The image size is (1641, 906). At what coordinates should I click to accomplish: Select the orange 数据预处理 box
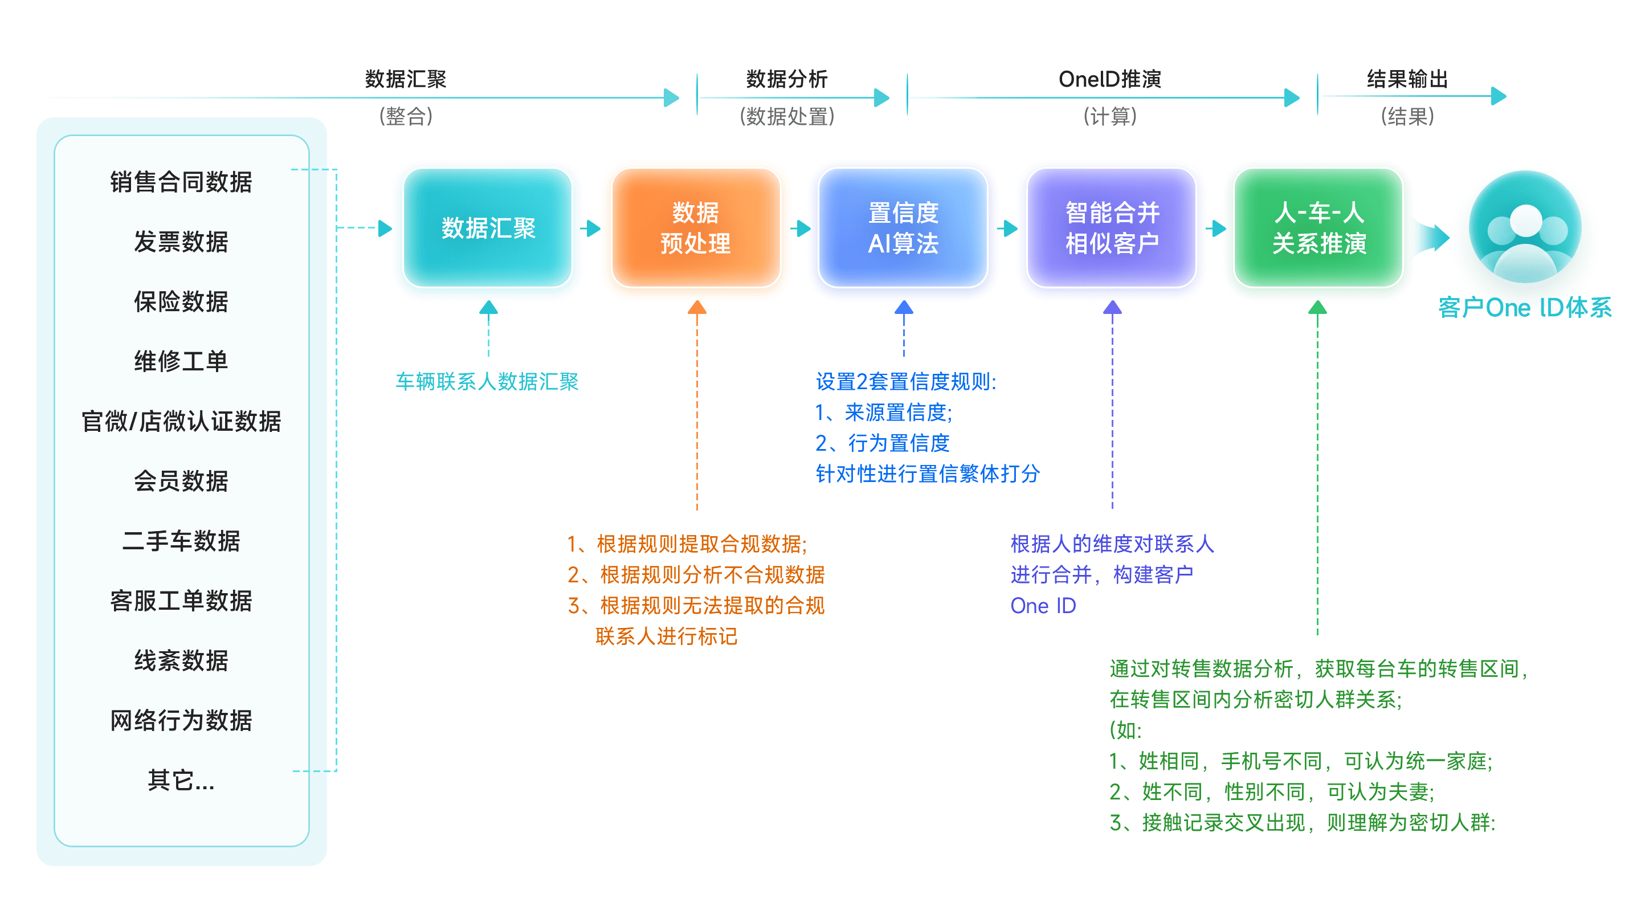click(696, 227)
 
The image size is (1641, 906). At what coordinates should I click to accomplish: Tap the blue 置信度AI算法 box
click(903, 227)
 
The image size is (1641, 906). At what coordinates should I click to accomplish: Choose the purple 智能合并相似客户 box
click(1112, 227)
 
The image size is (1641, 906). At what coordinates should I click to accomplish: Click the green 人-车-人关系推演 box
click(1318, 227)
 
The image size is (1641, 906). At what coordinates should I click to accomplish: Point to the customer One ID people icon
click(1526, 230)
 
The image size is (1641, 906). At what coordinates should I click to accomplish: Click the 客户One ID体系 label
click(1525, 308)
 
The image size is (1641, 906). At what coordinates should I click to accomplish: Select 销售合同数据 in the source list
click(181, 182)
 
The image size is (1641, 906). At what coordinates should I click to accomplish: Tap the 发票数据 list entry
click(181, 242)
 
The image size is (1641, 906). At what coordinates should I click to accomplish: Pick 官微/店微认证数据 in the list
click(181, 421)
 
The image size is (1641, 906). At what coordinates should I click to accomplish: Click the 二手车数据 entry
click(181, 541)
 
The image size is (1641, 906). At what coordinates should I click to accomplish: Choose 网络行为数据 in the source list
click(181, 721)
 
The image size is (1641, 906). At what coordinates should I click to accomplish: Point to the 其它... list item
click(181, 780)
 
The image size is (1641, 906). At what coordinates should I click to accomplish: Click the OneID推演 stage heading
click(1110, 79)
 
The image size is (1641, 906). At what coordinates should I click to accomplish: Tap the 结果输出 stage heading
click(1407, 79)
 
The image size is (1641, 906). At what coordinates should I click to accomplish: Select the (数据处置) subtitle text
click(787, 117)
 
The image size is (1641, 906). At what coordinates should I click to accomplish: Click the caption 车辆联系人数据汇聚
click(487, 382)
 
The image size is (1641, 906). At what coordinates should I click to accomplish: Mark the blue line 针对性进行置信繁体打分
click(928, 474)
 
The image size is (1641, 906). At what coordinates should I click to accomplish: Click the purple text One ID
click(1043, 606)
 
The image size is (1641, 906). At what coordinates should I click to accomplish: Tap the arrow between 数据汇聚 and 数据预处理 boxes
click(593, 228)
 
